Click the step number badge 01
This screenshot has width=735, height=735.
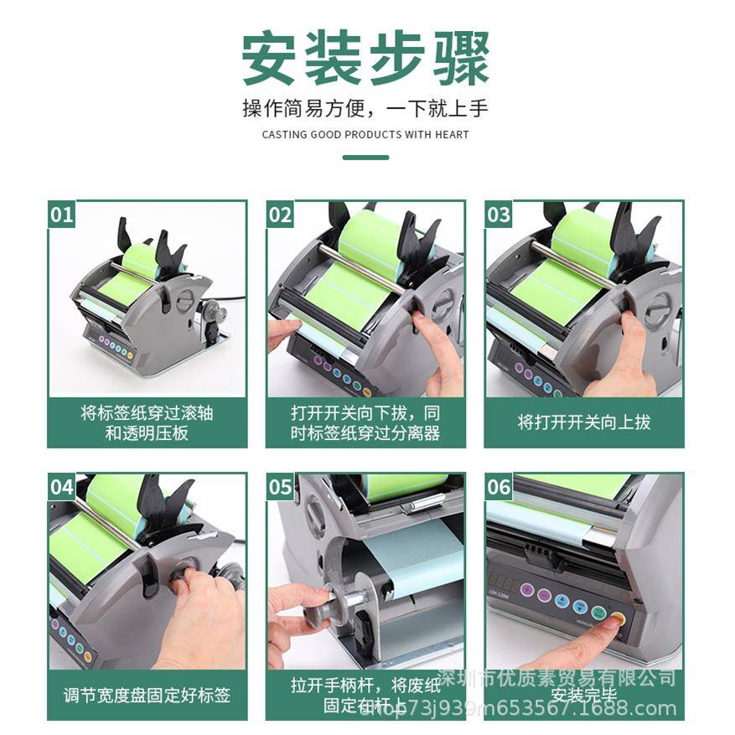pyautogui.click(x=62, y=215)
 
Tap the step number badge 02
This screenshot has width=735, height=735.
pyautogui.click(x=281, y=215)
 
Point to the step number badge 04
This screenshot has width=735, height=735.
pyautogui.click(x=62, y=487)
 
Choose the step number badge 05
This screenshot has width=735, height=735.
pyautogui.click(x=281, y=487)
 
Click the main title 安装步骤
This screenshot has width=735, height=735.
pyautogui.click(x=366, y=59)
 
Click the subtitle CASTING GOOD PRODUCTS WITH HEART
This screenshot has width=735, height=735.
pyautogui.click(x=366, y=134)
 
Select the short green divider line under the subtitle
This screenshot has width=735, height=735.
pyautogui.click(x=366, y=157)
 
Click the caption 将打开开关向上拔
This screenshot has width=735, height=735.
pyautogui.click(x=584, y=422)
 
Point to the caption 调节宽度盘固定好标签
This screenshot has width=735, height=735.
pyautogui.click(x=147, y=695)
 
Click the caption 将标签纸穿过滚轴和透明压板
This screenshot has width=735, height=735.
pyautogui.click(x=147, y=422)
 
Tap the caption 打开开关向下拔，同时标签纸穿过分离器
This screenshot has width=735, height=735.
pyautogui.click(x=365, y=422)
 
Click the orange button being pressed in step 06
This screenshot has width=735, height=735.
pyautogui.click(x=618, y=620)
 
